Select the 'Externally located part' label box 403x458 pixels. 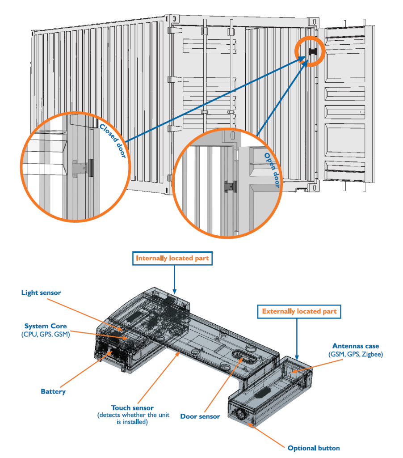point(299,311)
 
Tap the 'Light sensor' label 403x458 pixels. point(41,293)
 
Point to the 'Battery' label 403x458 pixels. point(53,391)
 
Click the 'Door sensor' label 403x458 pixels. point(200,416)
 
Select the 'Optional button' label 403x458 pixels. point(314,448)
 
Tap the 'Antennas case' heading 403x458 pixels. point(356,346)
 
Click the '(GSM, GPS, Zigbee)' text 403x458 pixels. point(356,354)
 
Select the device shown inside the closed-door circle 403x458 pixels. point(83,168)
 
